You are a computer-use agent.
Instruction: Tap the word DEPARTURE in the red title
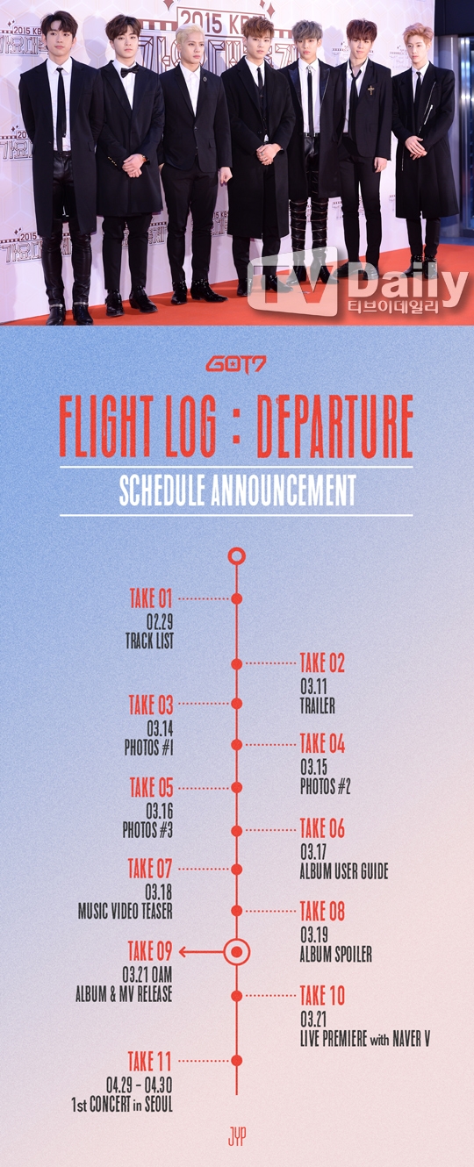(x=335, y=426)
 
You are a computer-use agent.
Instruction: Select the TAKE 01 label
(x=151, y=598)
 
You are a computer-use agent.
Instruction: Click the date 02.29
(x=160, y=621)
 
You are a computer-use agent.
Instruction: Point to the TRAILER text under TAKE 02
(x=318, y=706)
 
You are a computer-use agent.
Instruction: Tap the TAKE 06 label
(x=322, y=827)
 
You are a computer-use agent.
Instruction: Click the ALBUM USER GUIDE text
(x=344, y=871)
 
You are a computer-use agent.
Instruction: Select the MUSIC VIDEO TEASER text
(x=126, y=911)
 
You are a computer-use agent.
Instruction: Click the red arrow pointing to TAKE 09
(x=202, y=952)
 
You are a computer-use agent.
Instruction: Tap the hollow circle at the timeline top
(x=237, y=556)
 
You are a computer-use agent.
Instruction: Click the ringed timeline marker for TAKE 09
(x=237, y=952)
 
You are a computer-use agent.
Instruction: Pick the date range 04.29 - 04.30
(x=140, y=1085)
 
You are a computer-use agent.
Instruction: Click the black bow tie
(x=130, y=70)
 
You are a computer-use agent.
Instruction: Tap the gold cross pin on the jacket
(x=370, y=89)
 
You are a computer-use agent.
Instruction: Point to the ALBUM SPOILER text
(x=336, y=955)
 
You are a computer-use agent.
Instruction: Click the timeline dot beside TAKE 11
(x=237, y=1060)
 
